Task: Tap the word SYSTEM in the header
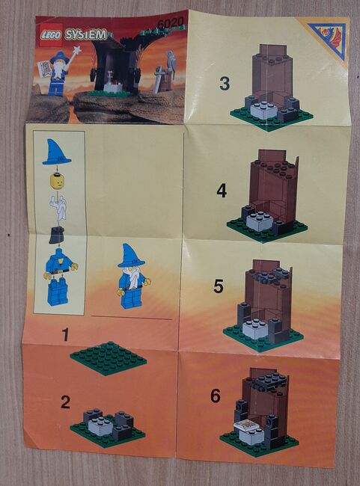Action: (x=85, y=35)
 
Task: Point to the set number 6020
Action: (x=171, y=23)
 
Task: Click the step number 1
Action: (x=65, y=334)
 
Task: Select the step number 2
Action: (x=65, y=402)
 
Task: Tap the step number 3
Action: (x=225, y=84)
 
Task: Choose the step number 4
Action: (x=222, y=191)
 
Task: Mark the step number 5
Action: (x=219, y=286)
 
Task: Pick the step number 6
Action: (x=216, y=396)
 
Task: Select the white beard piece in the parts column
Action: (x=58, y=208)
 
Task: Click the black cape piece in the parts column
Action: (x=56, y=235)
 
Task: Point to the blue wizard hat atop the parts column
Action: (x=56, y=153)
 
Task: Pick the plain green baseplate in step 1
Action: (x=109, y=358)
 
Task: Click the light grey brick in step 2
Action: (x=100, y=426)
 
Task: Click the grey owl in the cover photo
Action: (x=171, y=64)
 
